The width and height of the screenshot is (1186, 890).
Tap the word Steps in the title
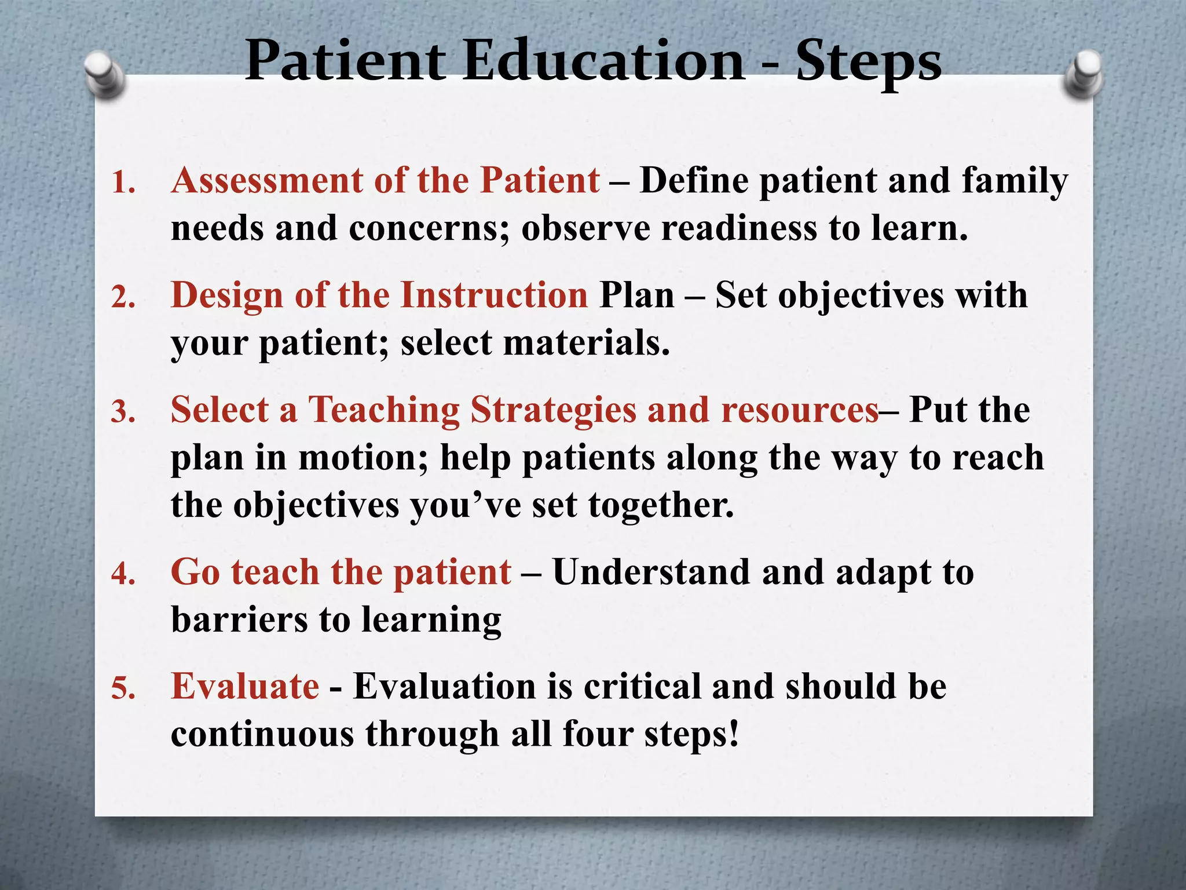[869, 63]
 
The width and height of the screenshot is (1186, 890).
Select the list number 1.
[123, 183]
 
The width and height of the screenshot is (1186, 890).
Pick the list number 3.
[123, 413]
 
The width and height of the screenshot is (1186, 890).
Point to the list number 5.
[123, 689]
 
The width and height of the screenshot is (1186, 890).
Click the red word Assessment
[266, 180]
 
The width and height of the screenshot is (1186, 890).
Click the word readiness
[739, 228]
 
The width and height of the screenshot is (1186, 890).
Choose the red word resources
[800, 411]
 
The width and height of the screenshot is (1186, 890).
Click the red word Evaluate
[245, 687]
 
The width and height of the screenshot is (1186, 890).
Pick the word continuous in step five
[262, 734]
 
